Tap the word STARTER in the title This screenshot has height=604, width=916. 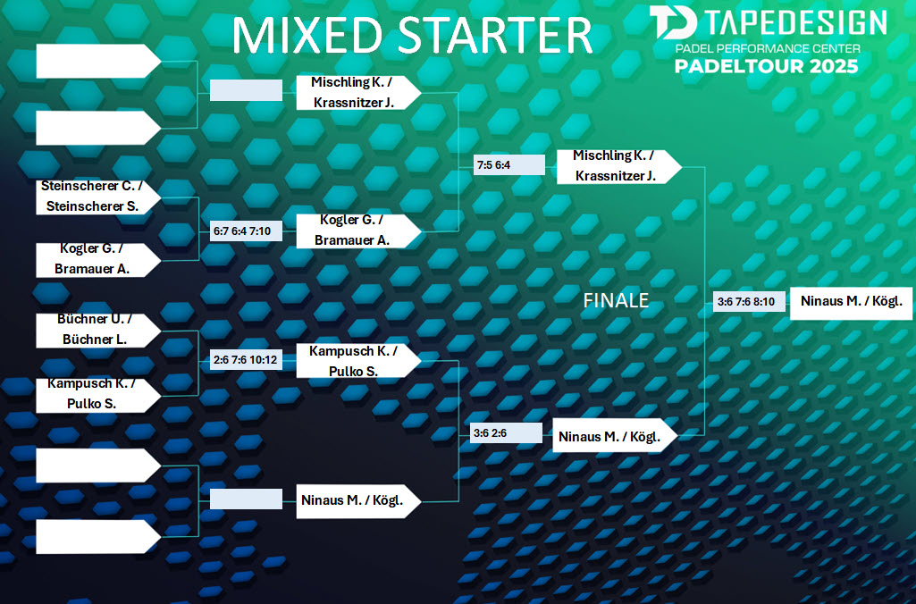496,36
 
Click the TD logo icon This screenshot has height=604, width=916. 673,22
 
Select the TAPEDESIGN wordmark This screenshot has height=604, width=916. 795,22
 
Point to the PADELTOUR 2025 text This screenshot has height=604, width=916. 767,65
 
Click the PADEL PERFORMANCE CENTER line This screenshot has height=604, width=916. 768,48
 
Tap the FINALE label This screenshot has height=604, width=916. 616,300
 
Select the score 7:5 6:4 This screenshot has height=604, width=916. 493,165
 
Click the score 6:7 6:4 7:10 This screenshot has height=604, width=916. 242,231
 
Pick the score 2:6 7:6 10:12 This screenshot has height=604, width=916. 245,360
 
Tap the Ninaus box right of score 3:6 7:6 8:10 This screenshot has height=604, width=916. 851,303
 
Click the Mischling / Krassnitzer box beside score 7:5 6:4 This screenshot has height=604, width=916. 619,166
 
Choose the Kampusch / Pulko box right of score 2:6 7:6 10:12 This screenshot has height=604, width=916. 358,360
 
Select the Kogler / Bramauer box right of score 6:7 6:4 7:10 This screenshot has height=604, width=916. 358,231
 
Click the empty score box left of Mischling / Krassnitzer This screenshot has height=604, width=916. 246,90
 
